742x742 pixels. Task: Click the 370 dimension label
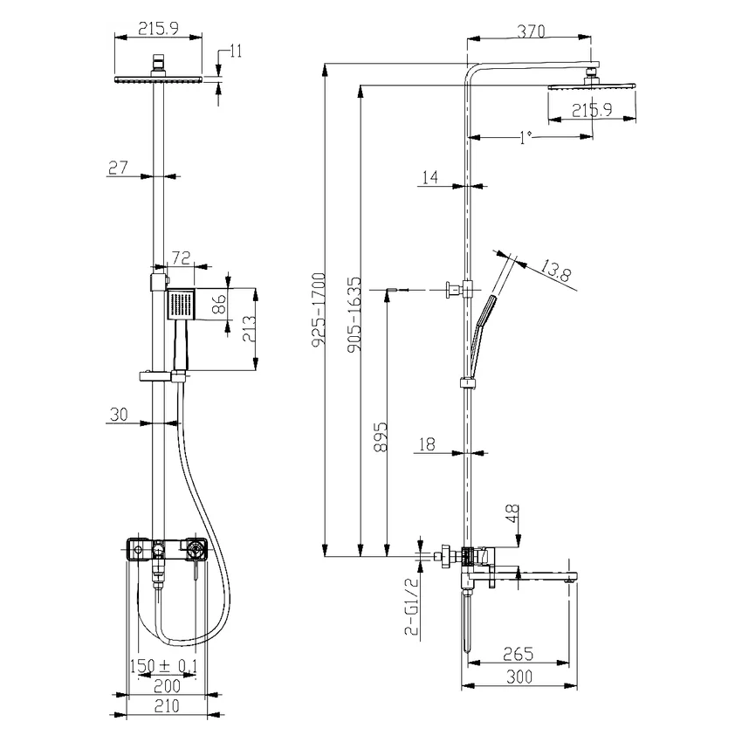531,31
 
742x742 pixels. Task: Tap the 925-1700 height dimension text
319,310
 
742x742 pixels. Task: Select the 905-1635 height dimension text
354,314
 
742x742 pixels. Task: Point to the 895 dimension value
381,436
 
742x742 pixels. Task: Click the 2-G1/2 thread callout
412,606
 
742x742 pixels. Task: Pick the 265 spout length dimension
519,654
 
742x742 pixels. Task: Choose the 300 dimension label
519,677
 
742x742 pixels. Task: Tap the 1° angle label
526,138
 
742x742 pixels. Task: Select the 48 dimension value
512,513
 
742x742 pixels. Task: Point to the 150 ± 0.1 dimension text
164,666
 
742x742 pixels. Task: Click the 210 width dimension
167,706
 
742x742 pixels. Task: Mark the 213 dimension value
249,329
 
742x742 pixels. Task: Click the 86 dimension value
219,305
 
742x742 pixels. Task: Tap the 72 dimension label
181,258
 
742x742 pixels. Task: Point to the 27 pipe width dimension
118,167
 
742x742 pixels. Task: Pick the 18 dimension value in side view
427,444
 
